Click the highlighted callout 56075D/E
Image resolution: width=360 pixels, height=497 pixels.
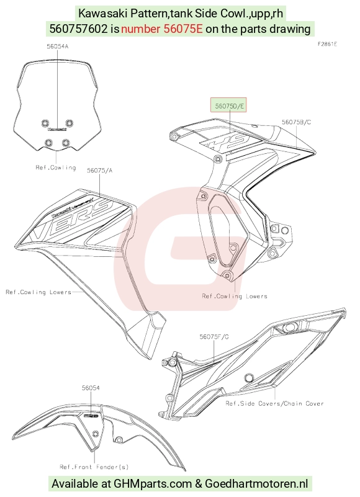228,105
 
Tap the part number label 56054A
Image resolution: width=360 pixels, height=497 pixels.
57,47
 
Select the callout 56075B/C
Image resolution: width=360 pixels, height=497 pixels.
297,122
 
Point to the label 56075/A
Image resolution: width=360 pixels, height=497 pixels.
99,171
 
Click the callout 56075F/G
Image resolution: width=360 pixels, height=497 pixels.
214,336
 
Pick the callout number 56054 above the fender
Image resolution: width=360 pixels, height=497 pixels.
91,388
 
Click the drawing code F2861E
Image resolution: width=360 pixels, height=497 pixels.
327,44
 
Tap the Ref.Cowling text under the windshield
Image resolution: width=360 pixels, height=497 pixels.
56,168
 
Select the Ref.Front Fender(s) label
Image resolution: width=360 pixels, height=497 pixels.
94,467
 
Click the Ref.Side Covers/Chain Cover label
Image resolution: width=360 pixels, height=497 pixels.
275,403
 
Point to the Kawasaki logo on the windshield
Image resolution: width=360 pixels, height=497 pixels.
57,129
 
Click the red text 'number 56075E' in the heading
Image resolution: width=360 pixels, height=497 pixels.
162,29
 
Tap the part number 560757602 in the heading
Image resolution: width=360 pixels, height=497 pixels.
79,29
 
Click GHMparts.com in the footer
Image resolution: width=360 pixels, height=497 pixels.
153,484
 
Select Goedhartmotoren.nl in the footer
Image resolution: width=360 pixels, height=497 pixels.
256,484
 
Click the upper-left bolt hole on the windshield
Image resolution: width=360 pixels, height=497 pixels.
45,123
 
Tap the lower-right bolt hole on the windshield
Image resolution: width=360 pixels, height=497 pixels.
66,143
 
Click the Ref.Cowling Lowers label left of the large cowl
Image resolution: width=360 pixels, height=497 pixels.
38,292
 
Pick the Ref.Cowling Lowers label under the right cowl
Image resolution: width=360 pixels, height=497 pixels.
235,297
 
